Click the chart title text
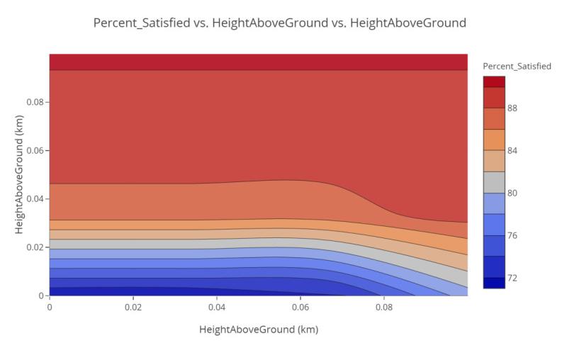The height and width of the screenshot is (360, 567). coord(280,23)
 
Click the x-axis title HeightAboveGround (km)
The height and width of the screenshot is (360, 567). coord(259,330)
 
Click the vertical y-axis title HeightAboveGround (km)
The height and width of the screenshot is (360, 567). coord(19,175)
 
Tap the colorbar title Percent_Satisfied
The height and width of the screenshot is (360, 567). coord(517,66)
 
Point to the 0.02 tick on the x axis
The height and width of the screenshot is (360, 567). coord(133,308)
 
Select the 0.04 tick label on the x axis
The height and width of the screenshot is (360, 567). coord(217,308)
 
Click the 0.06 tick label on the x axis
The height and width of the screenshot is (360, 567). coord(301,308)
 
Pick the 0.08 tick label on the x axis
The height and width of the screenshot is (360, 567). coord(384,308)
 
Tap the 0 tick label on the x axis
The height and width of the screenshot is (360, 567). coord(50,308)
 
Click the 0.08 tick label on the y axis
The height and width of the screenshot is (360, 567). coord(35,102)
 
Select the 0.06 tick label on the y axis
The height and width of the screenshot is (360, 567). coord(35,150)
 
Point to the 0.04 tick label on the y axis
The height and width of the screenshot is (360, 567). coord(35,198)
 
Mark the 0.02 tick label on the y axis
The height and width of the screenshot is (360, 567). coord(35,247)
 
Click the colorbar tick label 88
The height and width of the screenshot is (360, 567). coord(512,108)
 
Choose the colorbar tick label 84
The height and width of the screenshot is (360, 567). coord(512,150)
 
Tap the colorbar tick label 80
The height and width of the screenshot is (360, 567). coord(512,193)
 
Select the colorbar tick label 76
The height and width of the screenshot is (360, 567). coord(512,235)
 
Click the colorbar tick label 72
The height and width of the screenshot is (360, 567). coord(512,278)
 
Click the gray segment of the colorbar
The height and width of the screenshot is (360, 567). coord(494,182)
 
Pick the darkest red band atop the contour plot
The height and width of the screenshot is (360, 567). coord(258,62)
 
